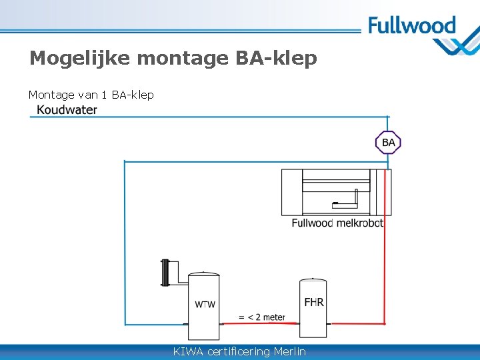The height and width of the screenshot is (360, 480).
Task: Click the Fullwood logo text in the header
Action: [411, 26]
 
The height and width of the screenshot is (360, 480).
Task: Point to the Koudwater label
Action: [67, 110]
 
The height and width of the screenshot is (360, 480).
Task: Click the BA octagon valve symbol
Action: [388, 143]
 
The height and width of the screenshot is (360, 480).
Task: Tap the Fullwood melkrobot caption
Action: [337, 223]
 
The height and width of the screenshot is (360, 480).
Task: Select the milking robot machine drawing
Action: [336, 192]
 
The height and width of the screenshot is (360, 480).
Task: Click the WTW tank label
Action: [205, 305]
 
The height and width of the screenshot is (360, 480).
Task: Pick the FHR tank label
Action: [314, 302]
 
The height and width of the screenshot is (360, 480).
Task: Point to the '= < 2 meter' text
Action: [262, 317]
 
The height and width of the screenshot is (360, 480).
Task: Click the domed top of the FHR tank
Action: [313, 281]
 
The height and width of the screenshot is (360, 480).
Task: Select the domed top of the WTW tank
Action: [204, 273]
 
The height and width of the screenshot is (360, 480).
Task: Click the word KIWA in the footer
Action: [188, 351]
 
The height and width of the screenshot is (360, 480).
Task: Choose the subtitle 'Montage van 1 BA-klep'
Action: [91, 95]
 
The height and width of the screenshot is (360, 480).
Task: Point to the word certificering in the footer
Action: [239, 351]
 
